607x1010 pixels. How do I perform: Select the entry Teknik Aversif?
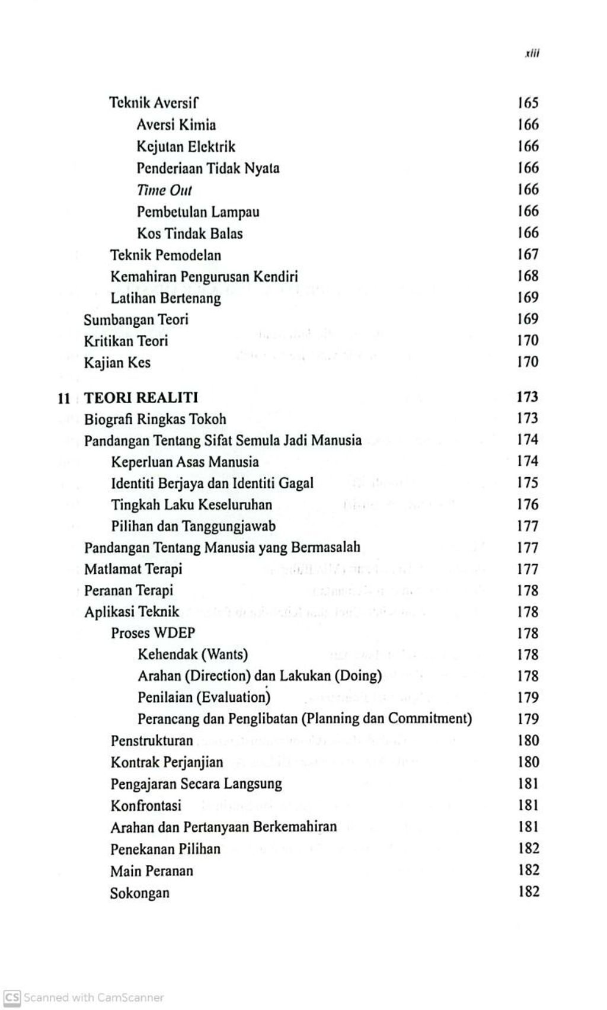(154, 103)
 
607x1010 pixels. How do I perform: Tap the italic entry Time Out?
(164, 190)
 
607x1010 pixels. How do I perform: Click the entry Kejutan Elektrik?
(186, 146)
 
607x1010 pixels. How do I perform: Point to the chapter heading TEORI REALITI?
(141, 397)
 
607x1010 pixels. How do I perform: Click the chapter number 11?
(64, 398)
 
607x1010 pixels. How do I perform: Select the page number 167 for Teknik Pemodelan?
(528, 254)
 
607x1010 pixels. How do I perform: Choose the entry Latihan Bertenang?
(165, 298)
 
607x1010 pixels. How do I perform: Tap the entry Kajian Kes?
(117, 362)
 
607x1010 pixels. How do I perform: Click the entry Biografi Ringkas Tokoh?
(155, 419)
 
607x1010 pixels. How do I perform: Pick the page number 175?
(528, 482)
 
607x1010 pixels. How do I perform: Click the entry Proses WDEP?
(153, 633)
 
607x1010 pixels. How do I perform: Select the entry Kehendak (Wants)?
(193, 654)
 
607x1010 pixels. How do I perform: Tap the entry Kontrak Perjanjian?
(167, 762)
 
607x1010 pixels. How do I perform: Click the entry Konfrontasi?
(146, 806)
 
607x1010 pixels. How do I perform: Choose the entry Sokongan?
(139, 893)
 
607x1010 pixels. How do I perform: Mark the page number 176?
(528, 504)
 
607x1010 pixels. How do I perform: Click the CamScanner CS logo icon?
(11, 998)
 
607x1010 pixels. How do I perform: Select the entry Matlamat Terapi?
(133, 569)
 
